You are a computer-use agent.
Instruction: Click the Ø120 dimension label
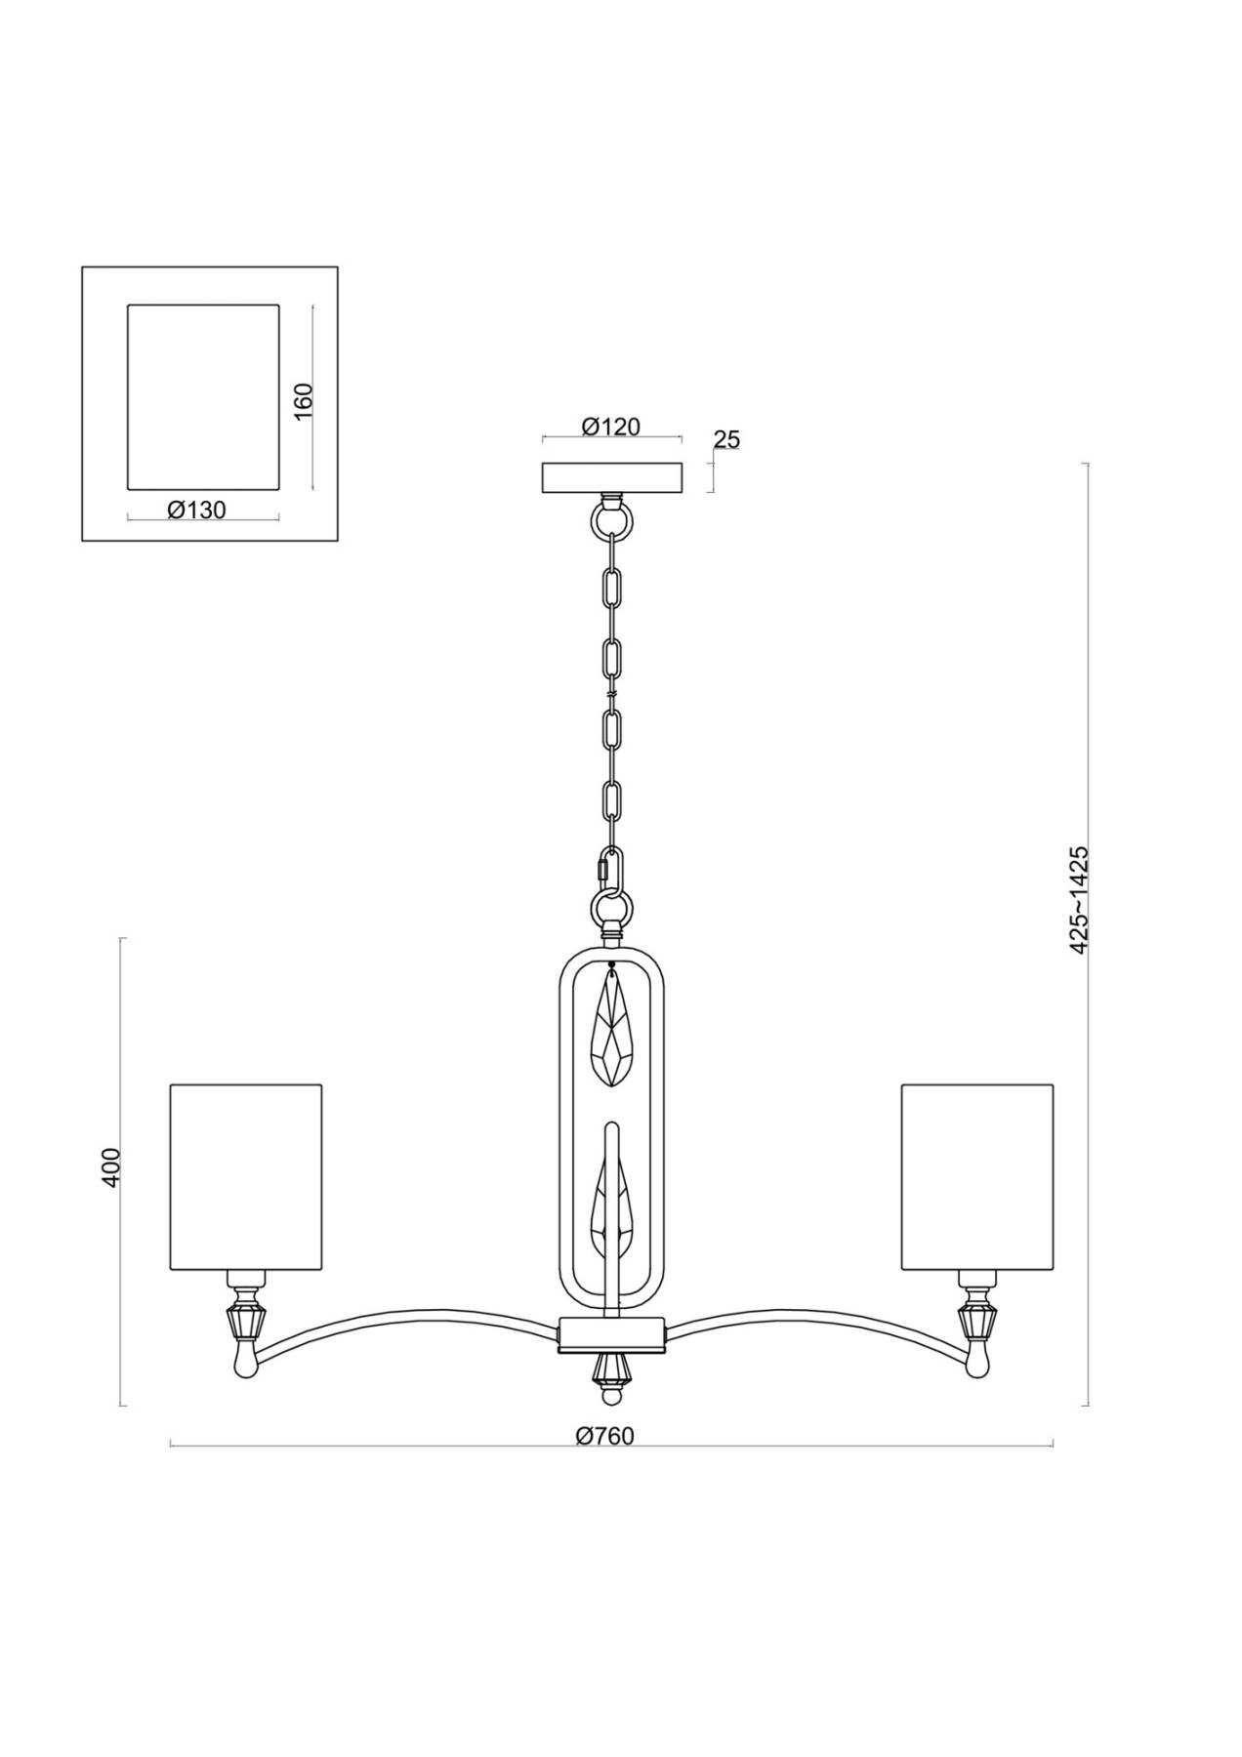coord(610,427)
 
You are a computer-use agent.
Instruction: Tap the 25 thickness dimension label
coord(726,440)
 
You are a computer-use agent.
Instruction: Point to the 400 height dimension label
coord(111,1167)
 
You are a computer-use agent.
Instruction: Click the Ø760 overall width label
coord(605,1436)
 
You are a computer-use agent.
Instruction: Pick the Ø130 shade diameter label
coord(196,510)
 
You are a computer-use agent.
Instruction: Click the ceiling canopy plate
coord(610,477)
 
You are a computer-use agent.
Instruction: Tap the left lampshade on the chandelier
coord(246,1177)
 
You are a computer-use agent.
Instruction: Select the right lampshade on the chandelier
coord(977,1177)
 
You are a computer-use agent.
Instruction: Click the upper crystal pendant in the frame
coord(612,1028)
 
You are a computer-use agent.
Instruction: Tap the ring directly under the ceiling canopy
coord(611,519)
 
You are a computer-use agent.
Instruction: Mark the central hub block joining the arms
coord(611,1335)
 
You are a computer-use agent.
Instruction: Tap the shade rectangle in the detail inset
coord(203,397)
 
